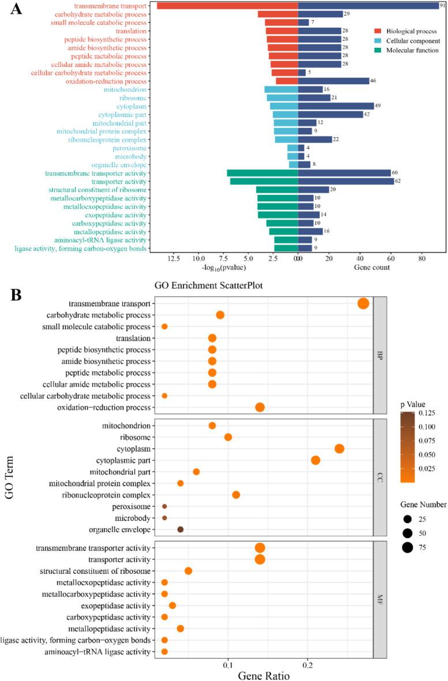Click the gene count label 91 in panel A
click(x=443, y=6)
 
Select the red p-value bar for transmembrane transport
click(x=227, y=6)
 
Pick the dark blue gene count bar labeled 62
click(x=346, y=182)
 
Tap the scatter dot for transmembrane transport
click(x=363, y=304)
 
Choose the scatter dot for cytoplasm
click(x=339, y=449)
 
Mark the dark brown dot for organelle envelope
click(x=180, y=529)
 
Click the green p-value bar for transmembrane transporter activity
click(x=262, y=173)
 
